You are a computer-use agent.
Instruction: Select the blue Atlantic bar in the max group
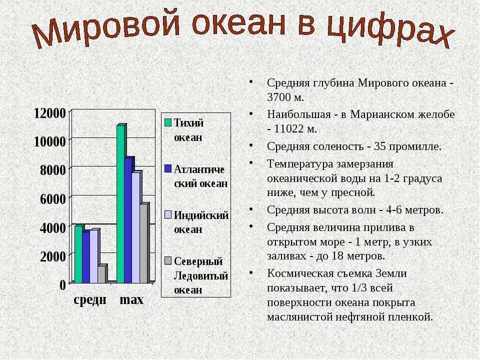click(x=128, y=220)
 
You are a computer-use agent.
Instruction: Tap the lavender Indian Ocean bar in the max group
click(x=136, y=227)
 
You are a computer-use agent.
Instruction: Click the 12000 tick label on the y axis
click(x=49, y=112)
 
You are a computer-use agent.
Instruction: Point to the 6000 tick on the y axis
click(x=53, y=198)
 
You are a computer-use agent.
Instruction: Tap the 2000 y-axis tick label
click(x=53, y=256)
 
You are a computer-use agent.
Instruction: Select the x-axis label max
click(x=131, y=299)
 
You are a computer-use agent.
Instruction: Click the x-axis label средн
click(x=90, y=299)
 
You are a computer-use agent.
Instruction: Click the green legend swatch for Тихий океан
click(x=168, y=122)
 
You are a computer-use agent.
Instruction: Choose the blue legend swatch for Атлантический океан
click(x=168, y=168)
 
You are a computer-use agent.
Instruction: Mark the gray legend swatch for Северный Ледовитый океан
click(x=168, y=260)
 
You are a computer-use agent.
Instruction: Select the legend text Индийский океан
click(x=201, y=222)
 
